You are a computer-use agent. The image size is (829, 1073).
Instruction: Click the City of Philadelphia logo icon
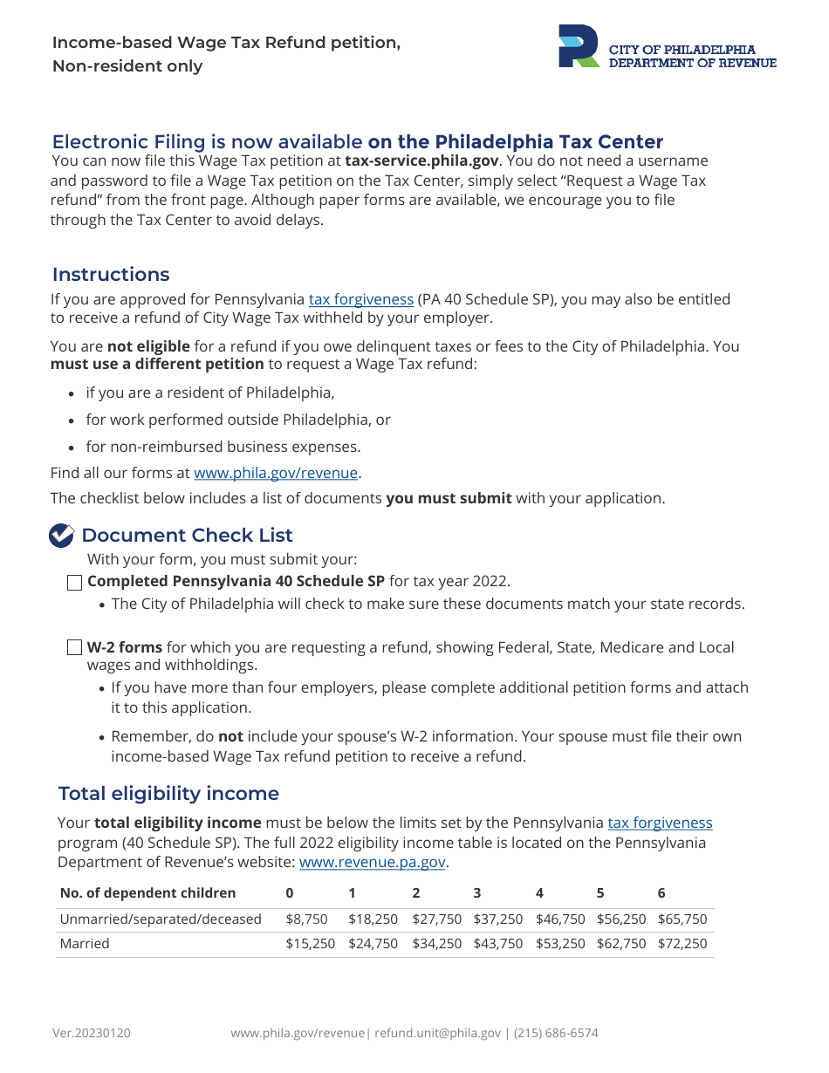pos(579,46)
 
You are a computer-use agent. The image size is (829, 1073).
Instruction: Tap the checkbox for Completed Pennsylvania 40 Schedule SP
pos(75,583)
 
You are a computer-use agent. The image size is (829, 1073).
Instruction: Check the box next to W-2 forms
pos(75,648)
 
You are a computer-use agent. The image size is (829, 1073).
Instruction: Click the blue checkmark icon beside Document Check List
pos(61,536)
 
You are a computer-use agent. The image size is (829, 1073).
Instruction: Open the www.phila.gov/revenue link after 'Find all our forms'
pos(276,474)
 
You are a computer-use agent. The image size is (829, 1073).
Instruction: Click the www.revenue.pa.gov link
pos(373,863)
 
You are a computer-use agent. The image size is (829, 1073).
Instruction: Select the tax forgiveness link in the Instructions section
pos(361,300)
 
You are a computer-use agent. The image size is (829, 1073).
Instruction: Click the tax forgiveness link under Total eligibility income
pos(660,823)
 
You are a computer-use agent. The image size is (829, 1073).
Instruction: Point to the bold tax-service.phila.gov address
pos(421,161)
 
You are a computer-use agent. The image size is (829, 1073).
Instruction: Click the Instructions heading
pos(111,275)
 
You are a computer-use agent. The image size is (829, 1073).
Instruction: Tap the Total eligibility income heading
pos(168,794)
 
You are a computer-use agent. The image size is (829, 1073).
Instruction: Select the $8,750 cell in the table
pos(306,919)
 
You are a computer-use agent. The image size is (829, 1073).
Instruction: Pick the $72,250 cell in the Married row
pos(682,944)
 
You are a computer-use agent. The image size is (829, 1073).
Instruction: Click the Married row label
pos(85,944)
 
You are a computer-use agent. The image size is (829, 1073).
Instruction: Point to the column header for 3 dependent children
pos(477,893)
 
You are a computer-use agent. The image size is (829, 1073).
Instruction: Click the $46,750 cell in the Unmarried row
pos(560,919)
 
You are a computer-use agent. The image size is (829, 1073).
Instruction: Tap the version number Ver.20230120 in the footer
pos(92,1034)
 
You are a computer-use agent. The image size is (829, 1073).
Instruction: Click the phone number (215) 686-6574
pos(556,1034)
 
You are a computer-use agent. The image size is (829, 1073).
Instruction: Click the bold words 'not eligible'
pos(148,347)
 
